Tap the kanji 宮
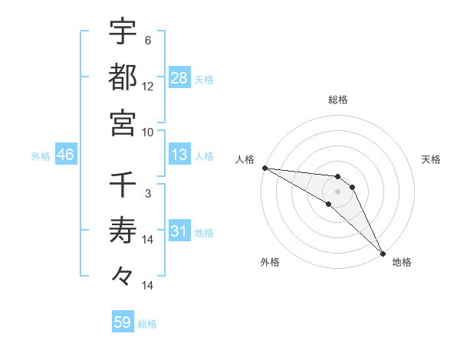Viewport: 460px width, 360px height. click(123, 123)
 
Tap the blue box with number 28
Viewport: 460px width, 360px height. click(179, 77)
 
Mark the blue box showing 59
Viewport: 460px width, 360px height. click(123, 322)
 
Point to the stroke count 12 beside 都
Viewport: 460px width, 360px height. click(148, 86)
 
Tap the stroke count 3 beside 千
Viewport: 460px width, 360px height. click(147, 195)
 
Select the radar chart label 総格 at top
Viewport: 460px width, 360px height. click(337, 100)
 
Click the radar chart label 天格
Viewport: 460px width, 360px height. click(432, 159)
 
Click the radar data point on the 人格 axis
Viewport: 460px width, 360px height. click(264, 167)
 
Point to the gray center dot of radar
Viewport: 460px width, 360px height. click(337, 191)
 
